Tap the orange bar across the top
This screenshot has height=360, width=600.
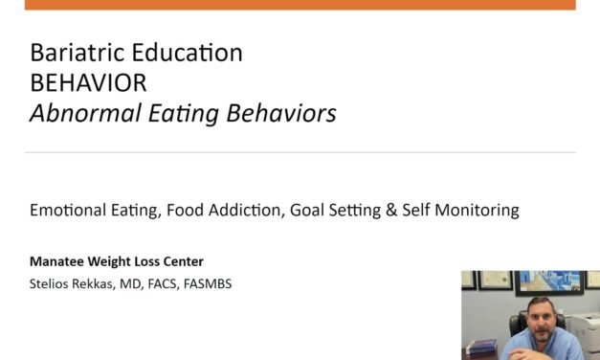(x=300, y=5)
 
